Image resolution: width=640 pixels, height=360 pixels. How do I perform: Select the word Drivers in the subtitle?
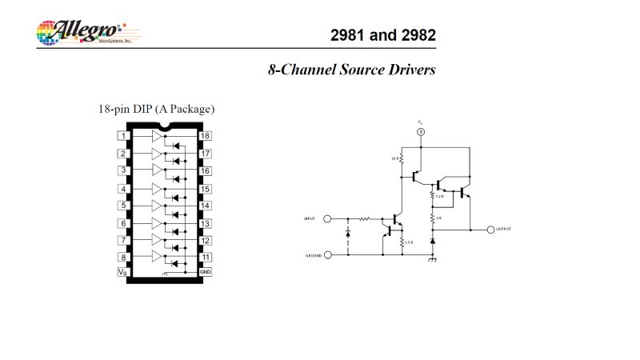[x=409, y=70]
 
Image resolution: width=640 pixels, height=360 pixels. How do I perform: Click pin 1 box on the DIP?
[x=123, y=137]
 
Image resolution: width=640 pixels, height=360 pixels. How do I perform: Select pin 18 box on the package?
[x=206, y=137]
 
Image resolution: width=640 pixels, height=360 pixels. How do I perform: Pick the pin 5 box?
[x=123, y=206]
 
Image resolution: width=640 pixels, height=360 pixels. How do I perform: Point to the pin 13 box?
[x=206, y=223]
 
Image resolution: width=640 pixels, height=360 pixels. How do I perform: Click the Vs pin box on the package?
[x=123, y=272]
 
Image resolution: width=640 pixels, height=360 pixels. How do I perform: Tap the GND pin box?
[x=206, y=272]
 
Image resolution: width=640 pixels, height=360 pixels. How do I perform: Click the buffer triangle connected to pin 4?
[x=157, y=189]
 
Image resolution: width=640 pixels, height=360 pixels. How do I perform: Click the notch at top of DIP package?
[x=165, y=126]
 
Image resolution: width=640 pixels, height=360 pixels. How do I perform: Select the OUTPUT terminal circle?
[x=490, y=229]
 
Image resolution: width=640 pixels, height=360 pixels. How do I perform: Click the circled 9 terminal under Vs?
[x=421, y=131]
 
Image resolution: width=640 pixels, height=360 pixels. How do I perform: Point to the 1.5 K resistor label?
[x=408, y=242]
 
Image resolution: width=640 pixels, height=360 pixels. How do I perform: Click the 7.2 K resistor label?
[x=439, y=195]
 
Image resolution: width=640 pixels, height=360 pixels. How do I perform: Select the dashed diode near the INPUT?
[x=348, y=234]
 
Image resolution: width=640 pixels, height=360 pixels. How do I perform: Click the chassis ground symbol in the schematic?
[x=433, y=259]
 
